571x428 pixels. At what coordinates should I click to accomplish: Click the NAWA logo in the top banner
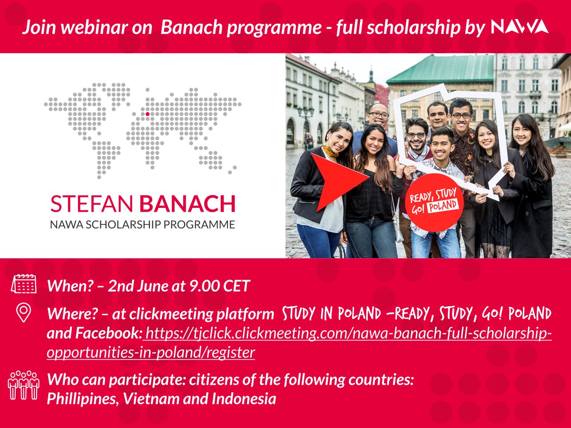[520, 27]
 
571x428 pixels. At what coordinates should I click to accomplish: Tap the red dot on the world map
[148, 114]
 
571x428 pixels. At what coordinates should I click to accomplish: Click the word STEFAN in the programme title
[92, 204]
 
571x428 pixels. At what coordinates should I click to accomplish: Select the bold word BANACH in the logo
[187, 204]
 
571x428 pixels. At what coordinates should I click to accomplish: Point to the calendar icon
[24, 283]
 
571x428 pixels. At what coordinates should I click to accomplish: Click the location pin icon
[23, 312]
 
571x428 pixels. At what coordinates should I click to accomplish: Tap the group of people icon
[24, 385]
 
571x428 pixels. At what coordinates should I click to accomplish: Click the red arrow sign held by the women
[339, 181]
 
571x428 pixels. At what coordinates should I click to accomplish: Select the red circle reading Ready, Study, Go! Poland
[434, 203]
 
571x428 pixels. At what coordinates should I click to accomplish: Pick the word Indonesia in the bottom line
[244, 399]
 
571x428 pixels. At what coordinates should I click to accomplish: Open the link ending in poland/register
[299, 343]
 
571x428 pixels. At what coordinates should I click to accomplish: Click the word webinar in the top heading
[95, 27]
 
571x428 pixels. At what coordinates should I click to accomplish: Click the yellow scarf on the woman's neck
[330, 152]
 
